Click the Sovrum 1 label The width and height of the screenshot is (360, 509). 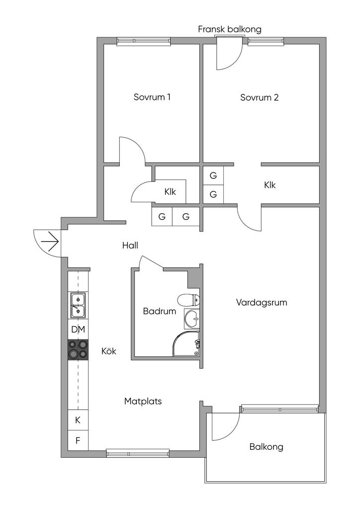coord(152,97)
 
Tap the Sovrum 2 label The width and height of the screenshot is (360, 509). coord(260,97)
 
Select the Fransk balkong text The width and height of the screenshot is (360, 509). coord(230,29)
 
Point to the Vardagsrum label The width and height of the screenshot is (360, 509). coord(262,303)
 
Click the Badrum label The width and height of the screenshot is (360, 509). coord(160,311)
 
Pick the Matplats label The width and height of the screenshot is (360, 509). coord(143,401)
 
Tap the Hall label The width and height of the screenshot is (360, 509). coord(130,245)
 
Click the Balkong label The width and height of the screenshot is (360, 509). coord(266,447)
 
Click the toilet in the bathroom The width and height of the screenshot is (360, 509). coord(189,300)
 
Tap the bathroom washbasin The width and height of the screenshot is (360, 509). coord(192,319)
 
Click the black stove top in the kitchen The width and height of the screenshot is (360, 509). coord(78,349)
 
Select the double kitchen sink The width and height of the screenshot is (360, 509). coord(78,305)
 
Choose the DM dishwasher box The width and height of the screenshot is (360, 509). coord(78,329)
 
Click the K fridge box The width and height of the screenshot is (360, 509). coord(78,420)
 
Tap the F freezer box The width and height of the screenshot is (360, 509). coord(78,440)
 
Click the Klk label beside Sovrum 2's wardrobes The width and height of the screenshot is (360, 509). coord(270,185)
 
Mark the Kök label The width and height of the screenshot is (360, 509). coord(109,351)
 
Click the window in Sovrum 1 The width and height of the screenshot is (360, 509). coord(144,41)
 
